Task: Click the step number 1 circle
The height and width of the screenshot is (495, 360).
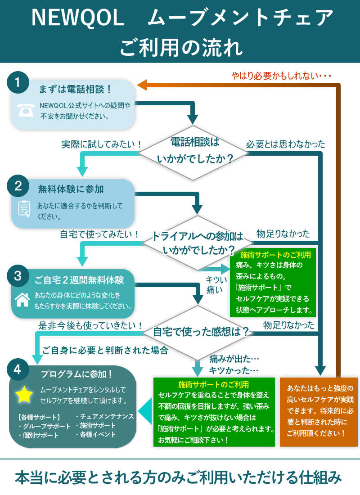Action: click(18, 83)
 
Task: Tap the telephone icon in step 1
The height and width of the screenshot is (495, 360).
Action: click(26, 110)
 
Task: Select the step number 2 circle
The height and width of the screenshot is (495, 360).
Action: click(18, 186)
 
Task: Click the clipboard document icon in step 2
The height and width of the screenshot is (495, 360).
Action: click(24, 208)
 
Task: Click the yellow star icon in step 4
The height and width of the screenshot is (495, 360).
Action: click(24, 395)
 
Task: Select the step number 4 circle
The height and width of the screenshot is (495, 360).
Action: click(18, 370)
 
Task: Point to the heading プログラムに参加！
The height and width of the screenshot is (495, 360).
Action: click(77, 374)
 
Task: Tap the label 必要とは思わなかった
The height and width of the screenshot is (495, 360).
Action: click(285, 144)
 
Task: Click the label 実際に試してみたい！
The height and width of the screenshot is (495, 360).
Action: click(102, 145)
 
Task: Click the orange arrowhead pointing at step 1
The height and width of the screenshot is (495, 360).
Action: click(142, 85)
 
